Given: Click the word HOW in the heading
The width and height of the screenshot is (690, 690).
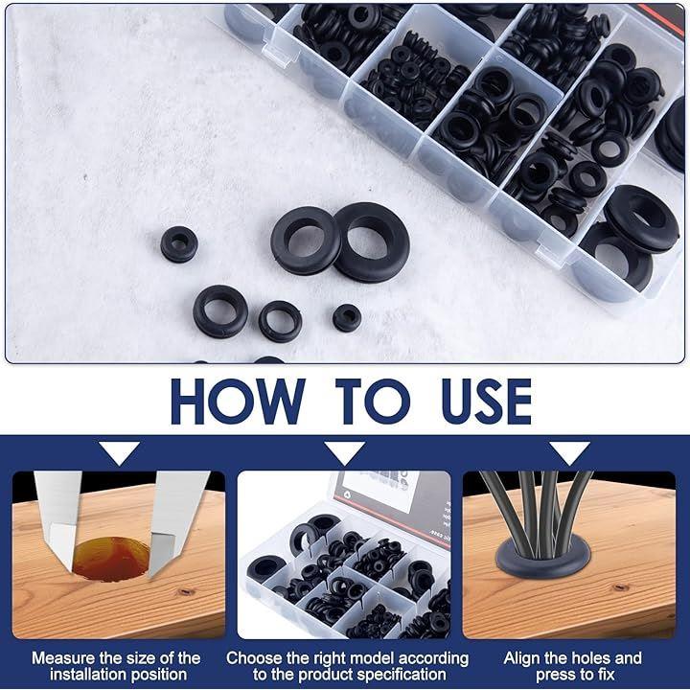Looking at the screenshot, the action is point(238,402).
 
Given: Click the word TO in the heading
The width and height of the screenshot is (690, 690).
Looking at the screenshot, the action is point(373,402).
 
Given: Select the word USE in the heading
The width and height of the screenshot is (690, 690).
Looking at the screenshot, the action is point(487,402).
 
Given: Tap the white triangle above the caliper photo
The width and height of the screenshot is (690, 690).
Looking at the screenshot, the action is point(119,453).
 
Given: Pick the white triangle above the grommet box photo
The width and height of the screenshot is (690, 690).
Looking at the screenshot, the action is point(345,453).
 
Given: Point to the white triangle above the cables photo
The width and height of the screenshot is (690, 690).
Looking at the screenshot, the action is point(569,453).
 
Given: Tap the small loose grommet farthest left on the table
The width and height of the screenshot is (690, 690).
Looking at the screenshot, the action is point(178,244).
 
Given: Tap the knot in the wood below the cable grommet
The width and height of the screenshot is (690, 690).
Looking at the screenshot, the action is point(620,587).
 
